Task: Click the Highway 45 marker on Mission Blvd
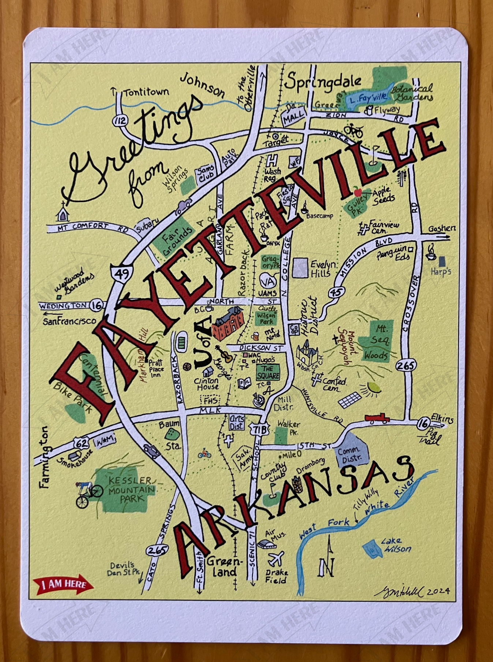(336, 292)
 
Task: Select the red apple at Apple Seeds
(357, 191)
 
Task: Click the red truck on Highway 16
(377, 418)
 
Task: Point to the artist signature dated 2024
(412, 590)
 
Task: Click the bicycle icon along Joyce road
(353, 130)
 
